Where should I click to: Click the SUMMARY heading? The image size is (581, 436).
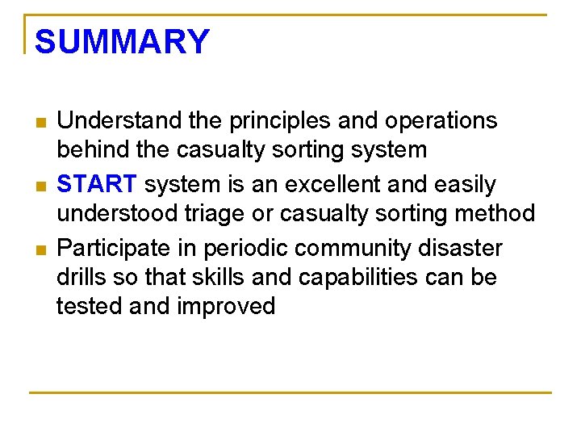click(x=122, y=42)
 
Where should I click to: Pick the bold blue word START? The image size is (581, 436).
click(x=98, y=184)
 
